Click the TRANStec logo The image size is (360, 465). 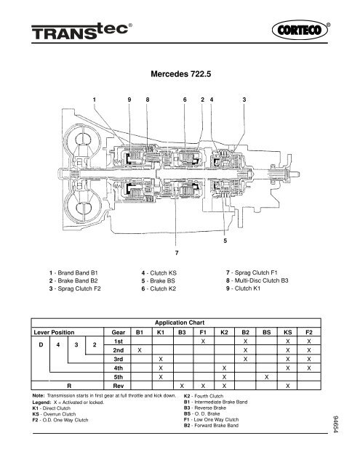pyautogui.click(x=80, y=31)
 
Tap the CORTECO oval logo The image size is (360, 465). pyautogui.click(x=300, y=30)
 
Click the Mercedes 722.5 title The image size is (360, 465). pyautogui.click(x=181, y=74)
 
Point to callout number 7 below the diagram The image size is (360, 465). pyautogui.click(x=177, y=253)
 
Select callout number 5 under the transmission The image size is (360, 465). pyautogui.click(x=225, y=240)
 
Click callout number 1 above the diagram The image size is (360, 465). pyautogui.click(x=95, y=100)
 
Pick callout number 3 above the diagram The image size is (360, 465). pyautogui.click(x=244, y=100)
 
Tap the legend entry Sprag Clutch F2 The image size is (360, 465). pyautogui.click(x=75, y=288)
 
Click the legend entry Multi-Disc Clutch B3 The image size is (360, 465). pyautogui.click(x=257, y=280)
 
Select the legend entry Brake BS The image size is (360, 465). pyautogui.click(x=159, y=281)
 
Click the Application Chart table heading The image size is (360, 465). pyautogui.click(x=180, y=323)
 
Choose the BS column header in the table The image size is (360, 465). pyautogui.click(x=266, y=333)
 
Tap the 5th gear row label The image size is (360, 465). pyautogui.click(x=118, y=377)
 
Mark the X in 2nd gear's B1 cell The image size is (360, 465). pyautogui.click(x=140, y=350)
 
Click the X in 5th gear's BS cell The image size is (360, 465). pyautogui.click(x=266, y=377)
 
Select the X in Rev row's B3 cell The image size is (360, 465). pyautogui.click(x=182, y=386)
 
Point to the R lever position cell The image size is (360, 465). pyautogui.click(x=69, y=386)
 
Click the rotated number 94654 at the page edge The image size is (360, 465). pyautogui.click(x=336, y=424)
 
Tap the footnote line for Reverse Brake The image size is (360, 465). pyautogui.click(x=205, y=408)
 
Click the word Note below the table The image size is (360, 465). pyautogui.click(x=39, y=395)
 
